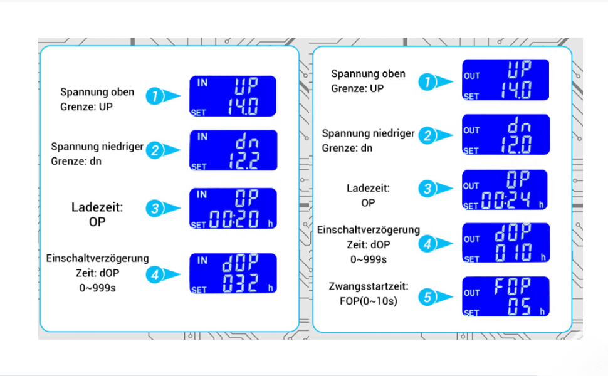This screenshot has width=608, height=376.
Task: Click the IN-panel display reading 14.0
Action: pos(233,96)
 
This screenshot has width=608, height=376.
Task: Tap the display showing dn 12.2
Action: pos(233,150)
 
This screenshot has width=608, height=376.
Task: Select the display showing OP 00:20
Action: pos(233,208)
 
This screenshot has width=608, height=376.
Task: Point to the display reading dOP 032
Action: pos(233,273)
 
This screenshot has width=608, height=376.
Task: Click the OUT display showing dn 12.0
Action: pos(505,135)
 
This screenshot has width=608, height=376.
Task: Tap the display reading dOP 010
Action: pos(505,243)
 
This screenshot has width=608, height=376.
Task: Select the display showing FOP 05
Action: pos(505,296)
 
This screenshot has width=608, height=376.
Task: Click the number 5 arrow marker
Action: pos(429,298)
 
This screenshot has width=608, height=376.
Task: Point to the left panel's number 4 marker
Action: pos(155,274)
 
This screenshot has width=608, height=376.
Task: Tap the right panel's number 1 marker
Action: pos(429,81)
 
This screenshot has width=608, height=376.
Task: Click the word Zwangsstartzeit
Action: pos(369,286)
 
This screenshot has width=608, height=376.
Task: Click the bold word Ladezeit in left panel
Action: pos(97,207)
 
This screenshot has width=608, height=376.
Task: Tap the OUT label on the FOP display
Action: pos(472,293)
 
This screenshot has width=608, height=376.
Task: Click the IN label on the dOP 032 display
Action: pos(202,260)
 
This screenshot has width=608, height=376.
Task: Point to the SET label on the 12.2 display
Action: pos(199,167)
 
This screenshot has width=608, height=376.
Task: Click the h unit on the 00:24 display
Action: pos(541,204)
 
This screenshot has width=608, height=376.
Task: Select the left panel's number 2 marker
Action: pos(155,150)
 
